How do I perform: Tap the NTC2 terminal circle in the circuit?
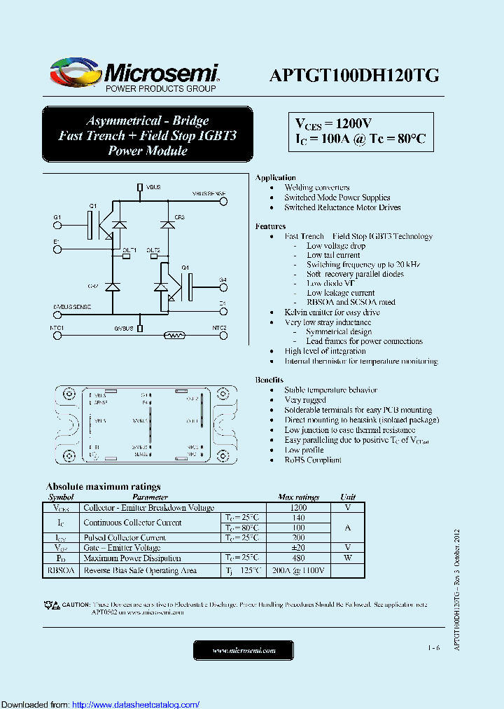pyautogui.click(x=224, y=336)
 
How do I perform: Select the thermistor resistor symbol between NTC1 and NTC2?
pyautogui.click(x=174, y=336)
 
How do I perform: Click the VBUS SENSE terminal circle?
pyautogui.click(x=224, y=202)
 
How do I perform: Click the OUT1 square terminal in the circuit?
pyautogui.click(x=127, y=256)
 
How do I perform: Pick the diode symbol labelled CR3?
pyautogui.click(x=167, y=224)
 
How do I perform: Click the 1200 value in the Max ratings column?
pyautogui.click(x=298, y=507)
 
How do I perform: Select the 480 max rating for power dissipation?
pyautogui.click(x=298, y=558)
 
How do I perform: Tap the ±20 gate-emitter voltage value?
pyautogui.click(x=298, y=547)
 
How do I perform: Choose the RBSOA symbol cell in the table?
pyautogui.click(x=61, y=570)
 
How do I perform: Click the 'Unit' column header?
pyautogui.click(x=348, y=497)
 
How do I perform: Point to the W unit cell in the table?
pyautogui.click(x=348, y=558)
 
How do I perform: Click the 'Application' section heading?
pyautogui.click(x=275, y=177)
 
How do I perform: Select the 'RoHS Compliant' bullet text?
pyautogui.click(x=313, y=460)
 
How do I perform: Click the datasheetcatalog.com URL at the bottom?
pyautogui.click(x=136, y=704)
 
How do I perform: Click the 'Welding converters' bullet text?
pyautogui.click(x=317, y=188)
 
